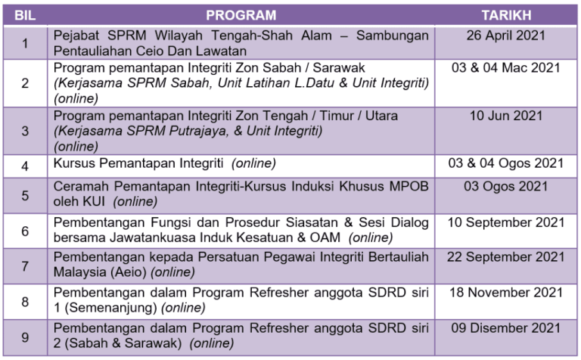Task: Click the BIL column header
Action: tap(25, 15)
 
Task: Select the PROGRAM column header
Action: tap(241, 15)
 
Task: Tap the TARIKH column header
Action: tap(506, 15)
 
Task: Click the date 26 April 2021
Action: tap(506, 36)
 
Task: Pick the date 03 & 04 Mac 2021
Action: tap(506, 68)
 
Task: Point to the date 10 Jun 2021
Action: tap(506, 116)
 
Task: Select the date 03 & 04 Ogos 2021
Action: tap(506, 163)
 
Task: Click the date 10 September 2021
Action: tap(506, 222)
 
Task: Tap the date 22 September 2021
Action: tap(506, 257)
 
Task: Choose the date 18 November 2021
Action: tap(506, 293)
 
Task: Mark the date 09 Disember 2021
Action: tap(506, 328)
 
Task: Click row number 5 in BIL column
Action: tap(25, 196)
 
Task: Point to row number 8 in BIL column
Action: tap(25, 302)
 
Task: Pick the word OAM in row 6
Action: tap(325, 237)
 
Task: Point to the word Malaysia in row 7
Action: tap(79, 272)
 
